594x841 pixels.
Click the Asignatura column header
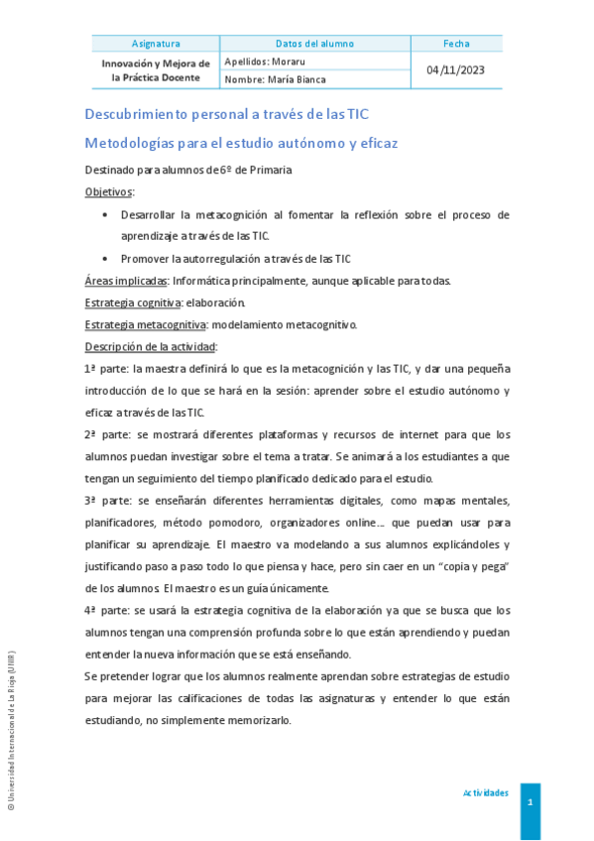[x=156, y=44]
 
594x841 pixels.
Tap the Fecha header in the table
[x=456, y=44]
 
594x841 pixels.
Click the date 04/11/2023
[x=456, y=70]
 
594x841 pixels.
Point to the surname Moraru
[x=289, y=61]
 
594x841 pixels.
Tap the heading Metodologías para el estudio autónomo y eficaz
[x=241, y=143]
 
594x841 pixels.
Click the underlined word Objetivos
[x=109, y=191]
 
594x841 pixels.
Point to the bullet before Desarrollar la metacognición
[x=107, y=214]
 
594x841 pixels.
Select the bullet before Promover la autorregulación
[x=107, y=259]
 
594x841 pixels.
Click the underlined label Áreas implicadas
[x=126, y=281]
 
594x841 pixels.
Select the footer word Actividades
[x=485, y=793]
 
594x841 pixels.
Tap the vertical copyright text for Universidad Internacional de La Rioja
[x=11, y=729]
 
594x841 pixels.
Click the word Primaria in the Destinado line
[x=270, y=170]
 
